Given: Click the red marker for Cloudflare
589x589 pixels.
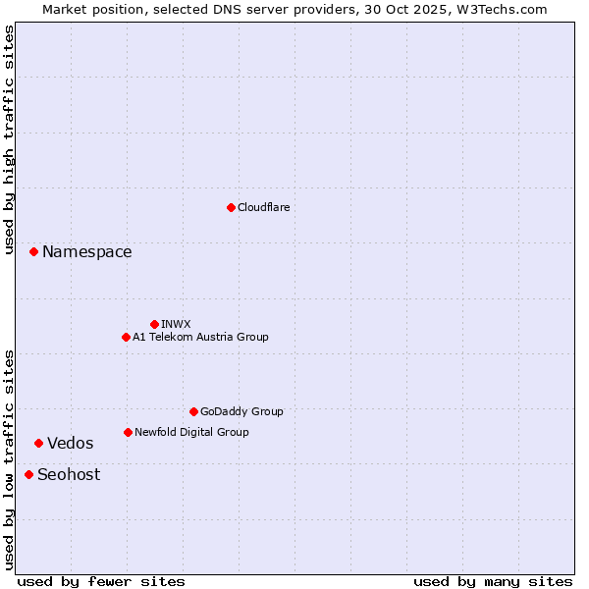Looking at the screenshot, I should pyautogui.click(x=231, y=207).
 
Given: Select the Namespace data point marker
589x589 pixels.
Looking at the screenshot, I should pyautogui.click(x=33, y=252).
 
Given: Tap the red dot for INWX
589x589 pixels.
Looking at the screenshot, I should pyautogui.click(x=154, y=324).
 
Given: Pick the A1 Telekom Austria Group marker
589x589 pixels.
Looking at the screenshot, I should pyautogui.click(x=126, y=337).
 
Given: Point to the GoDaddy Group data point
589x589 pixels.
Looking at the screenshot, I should pyautogui.click(x=193, y=411).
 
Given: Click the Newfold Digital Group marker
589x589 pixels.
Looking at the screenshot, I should pyautogui.click(x=128, y=432).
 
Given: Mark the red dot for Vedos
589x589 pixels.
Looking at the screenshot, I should pyautogui.click(x=38, y=443).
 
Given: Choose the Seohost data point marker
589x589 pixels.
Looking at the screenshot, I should pyautogui.click(x=28, y=474).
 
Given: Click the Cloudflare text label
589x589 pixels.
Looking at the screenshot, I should pyautogui.click(x=263, y=207).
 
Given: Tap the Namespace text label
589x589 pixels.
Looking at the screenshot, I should pyautogui.click(x=86, y=252).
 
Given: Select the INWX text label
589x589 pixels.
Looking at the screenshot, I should pyautogui.click(x=176, y=324).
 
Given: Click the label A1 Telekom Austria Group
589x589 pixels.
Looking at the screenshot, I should pyautogui.click(x=200, y=337).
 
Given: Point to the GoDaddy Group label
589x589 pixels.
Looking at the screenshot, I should pyautogui.click(x=241, y=411).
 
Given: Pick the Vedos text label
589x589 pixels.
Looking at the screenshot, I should pyautogui.click(x=71, y=443).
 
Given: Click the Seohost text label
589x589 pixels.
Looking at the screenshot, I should pyautogui.click(x=69, y=474).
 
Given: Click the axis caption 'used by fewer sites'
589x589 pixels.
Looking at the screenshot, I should pyautogui.click(x=101, y=581).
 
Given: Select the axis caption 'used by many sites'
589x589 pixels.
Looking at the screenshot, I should pyautogui.click(x=493, y=581).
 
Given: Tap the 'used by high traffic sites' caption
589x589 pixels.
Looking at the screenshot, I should pyautogui.click(x=9, y=139).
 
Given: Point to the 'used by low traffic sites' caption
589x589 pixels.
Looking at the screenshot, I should pyautogui.click(x=9, y=459).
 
